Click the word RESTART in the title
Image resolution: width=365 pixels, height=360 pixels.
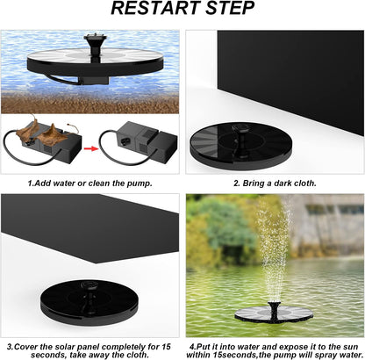pyautogui.click(x=156, y=8)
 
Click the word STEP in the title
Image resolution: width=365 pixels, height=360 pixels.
pyautogui.click(x=230, y=8)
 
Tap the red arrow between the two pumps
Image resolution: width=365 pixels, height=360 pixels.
pyautogui.click(x=91, y=148)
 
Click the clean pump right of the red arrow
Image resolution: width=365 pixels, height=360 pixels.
pyautogui.click(x=139, y=143)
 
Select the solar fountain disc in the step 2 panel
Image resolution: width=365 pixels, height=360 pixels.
pyautogui.click(x=241, y=146)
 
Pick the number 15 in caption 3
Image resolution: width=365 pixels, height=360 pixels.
pyautogui.click(x=166, y=347)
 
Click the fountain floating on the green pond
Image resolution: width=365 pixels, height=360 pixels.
pyautogui.click(x=274, y=313)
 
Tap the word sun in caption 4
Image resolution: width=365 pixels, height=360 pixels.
pyautogui.click(x=350, y=347)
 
